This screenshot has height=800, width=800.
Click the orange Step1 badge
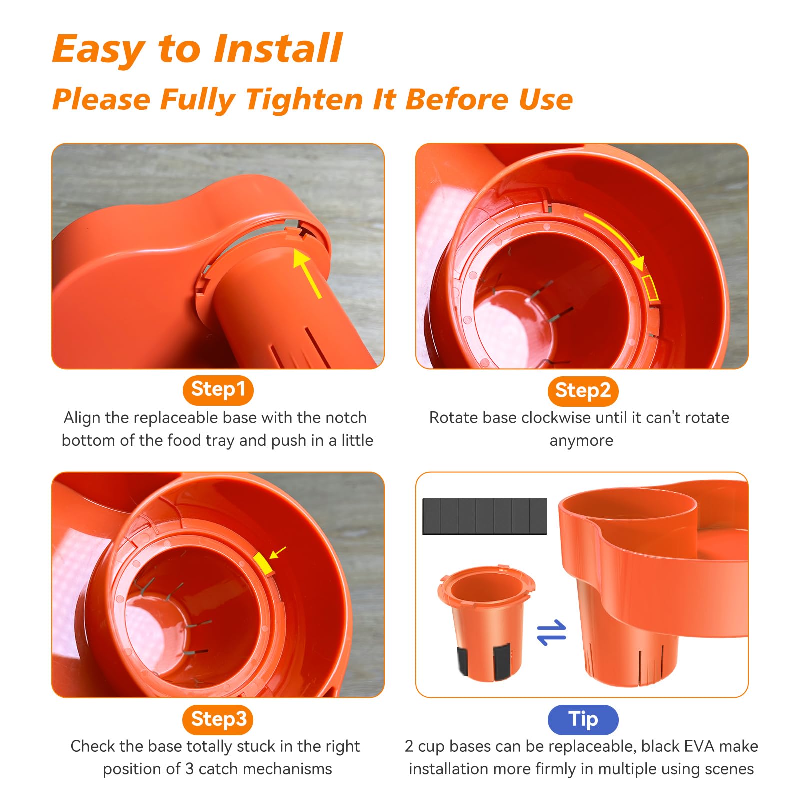(x=218, y=390)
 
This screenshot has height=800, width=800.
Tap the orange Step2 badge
(x=583, y=391)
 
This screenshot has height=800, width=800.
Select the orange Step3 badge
(x=218, y=719)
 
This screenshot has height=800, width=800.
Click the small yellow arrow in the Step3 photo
(x=278, y=552)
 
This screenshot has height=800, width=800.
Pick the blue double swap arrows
(x=551, y=632)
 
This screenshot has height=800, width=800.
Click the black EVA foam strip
(x=485, y=516)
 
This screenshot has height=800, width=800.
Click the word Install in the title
(x=278, y=48)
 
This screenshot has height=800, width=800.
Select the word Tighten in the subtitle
(x=304, y=99)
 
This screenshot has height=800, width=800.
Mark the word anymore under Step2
(x=581, y=441)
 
